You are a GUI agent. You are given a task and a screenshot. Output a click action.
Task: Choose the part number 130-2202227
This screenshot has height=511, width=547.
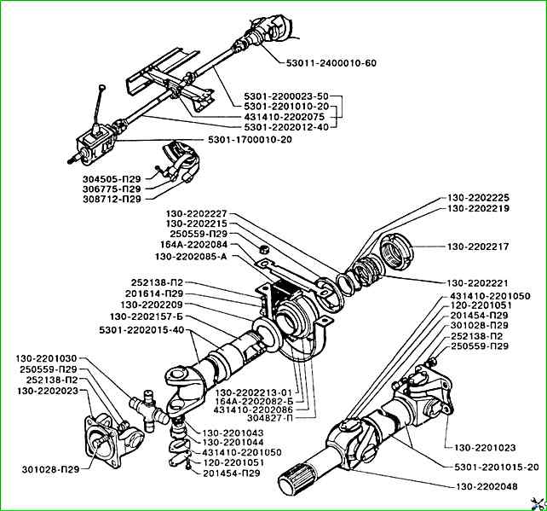point(199,214)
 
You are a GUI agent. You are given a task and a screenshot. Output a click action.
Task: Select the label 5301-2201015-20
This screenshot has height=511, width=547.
point(496,467)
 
